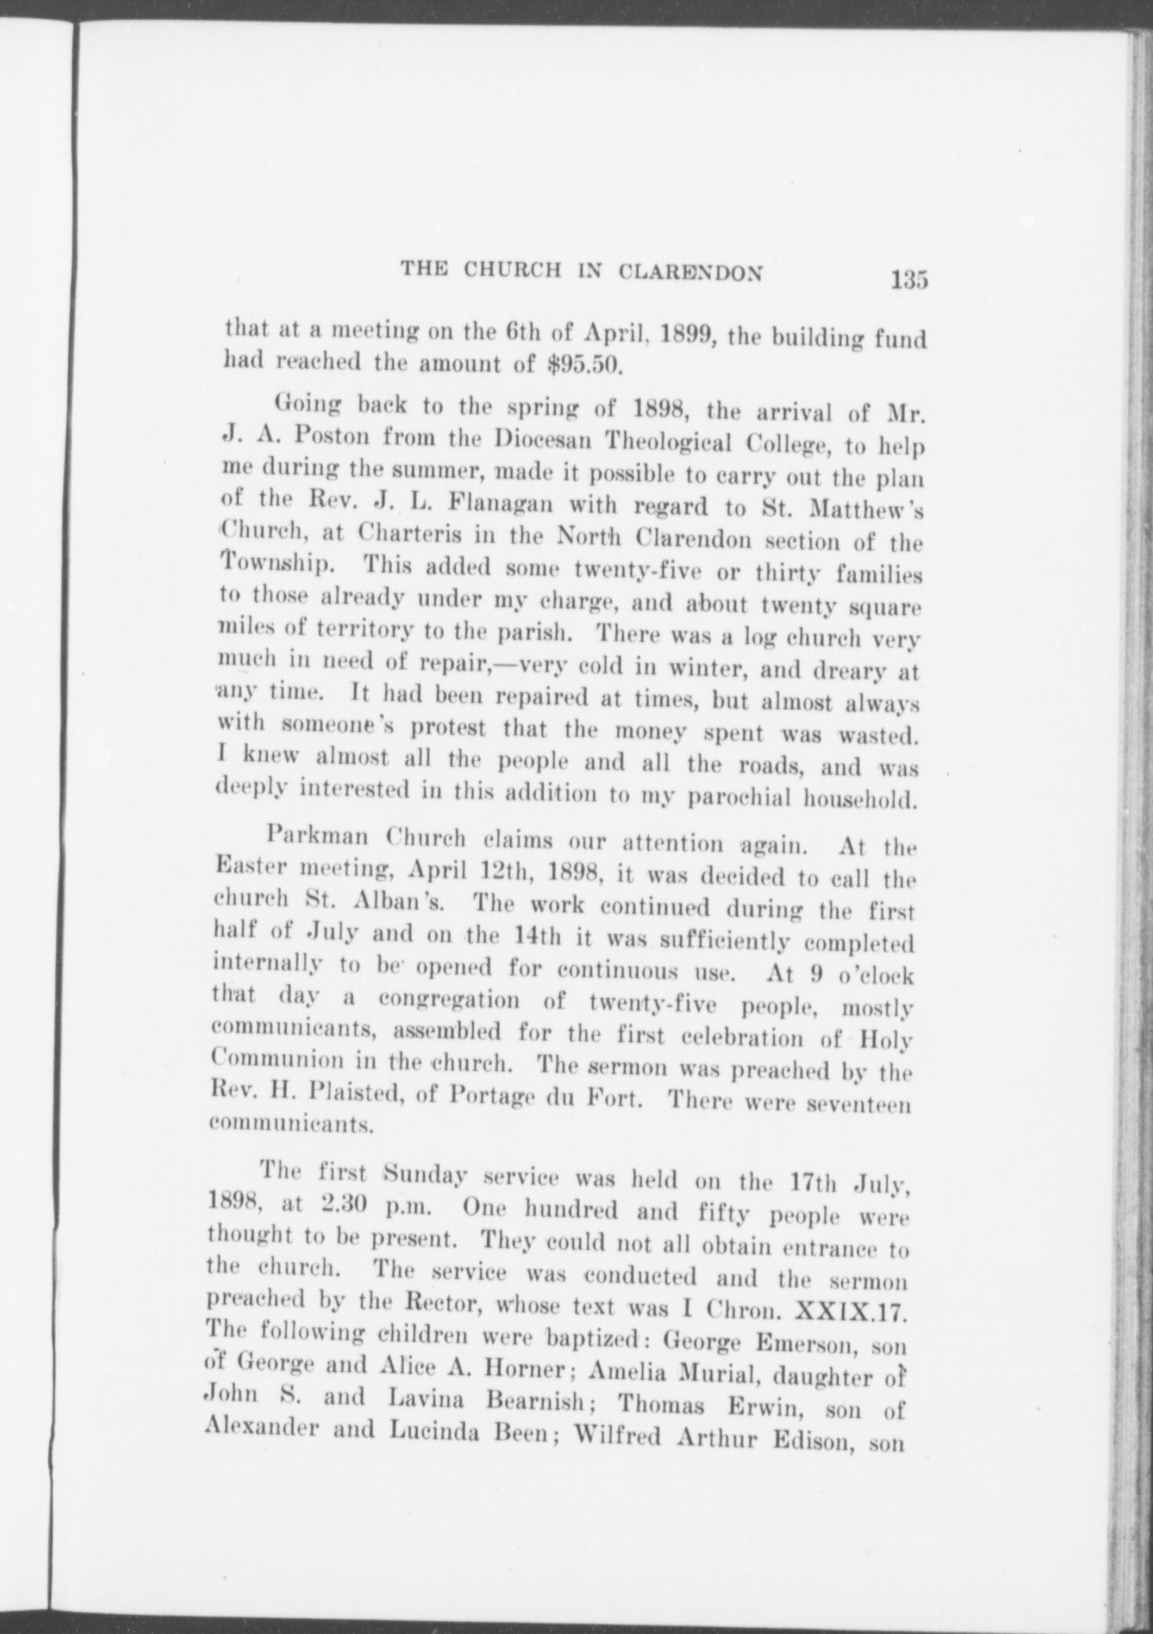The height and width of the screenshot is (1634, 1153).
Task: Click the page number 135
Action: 908,280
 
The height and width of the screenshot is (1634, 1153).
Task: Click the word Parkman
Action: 319,837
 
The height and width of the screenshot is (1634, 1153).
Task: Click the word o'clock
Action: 873,975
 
